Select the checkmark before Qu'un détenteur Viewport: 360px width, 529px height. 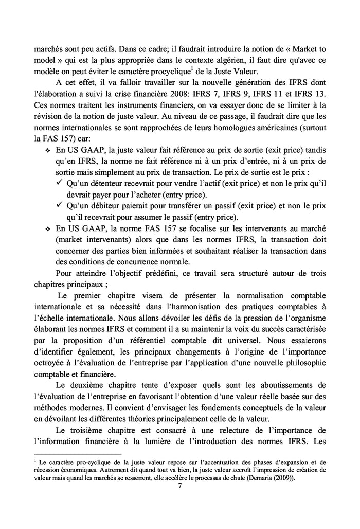tap(61, 184)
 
